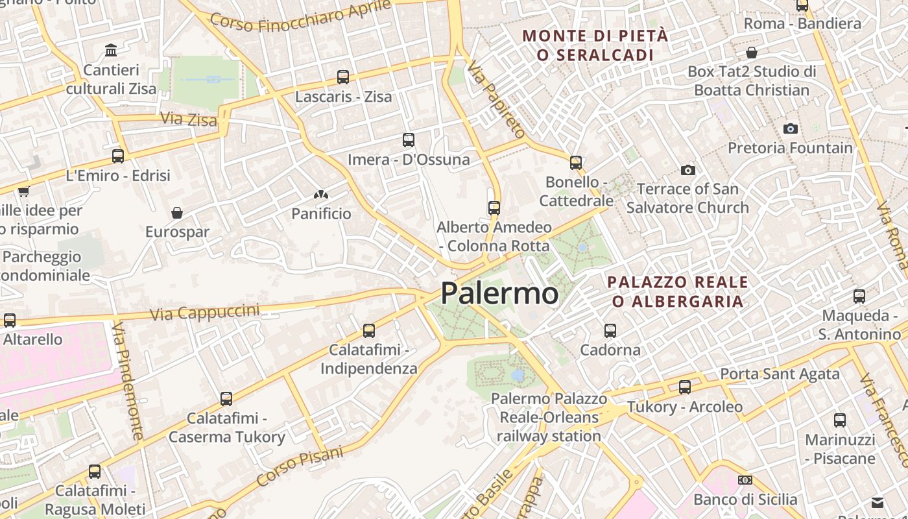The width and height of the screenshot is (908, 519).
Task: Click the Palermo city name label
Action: (x=499, y=293)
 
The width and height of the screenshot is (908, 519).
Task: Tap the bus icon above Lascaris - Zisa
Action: (x=343, y=77)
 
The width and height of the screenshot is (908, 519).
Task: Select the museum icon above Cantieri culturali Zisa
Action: (x=111, y=50)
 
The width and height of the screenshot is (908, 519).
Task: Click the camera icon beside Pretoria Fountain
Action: (x=790, y=128)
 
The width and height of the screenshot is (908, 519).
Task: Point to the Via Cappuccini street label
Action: (x=204, y=312)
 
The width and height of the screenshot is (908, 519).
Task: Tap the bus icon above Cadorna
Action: (x=610, y=331)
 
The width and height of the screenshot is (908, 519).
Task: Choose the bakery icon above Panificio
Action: (x=320, y=194)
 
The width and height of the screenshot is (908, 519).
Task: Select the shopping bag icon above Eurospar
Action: (x=176, y=213)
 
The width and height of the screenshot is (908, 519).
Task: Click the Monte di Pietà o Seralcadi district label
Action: (x=595, y=45)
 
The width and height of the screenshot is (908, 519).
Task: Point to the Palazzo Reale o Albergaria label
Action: (x=678, y=292)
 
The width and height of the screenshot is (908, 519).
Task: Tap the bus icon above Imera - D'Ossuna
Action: (x=408, y=140)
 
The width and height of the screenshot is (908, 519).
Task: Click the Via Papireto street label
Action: (x=496, y=99)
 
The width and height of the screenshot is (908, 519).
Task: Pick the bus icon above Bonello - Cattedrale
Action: (x=575, y=163)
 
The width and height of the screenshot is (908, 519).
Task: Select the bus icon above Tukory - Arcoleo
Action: (x=684, y=388)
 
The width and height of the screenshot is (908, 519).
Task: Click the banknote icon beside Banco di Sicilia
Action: (x=745, y=480)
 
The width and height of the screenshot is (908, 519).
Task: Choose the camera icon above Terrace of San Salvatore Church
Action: (x=687, y=171)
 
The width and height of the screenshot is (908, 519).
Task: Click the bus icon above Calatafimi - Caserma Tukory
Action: (x=226, y=399)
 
